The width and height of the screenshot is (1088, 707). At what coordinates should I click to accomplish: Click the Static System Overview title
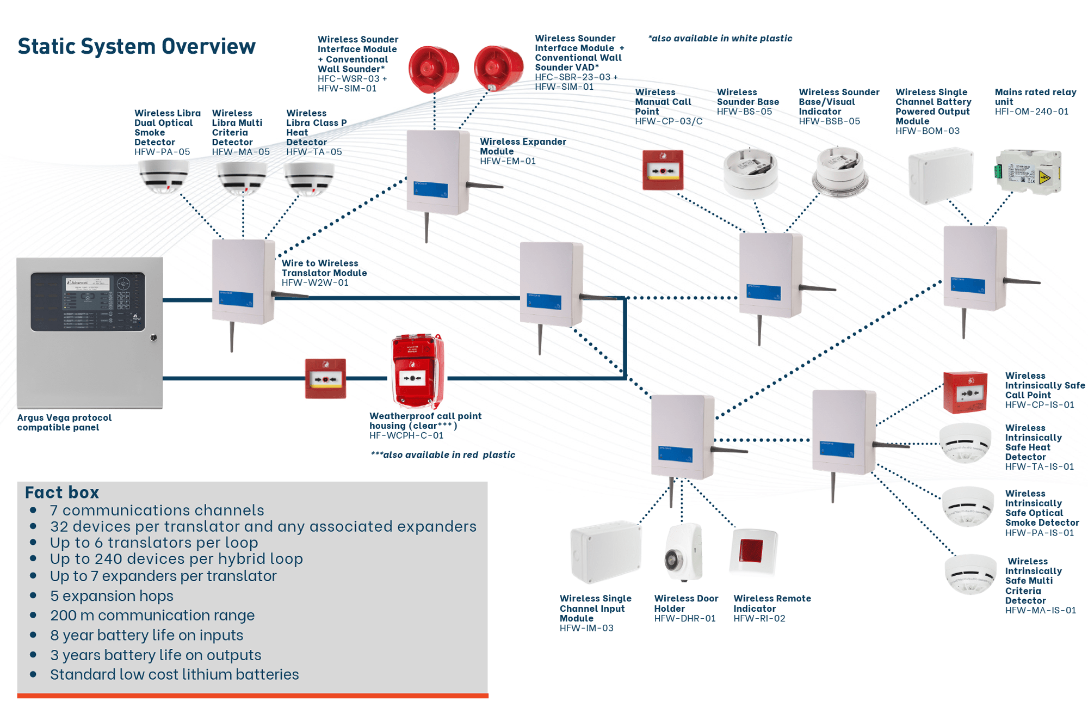click(x=136, y=46)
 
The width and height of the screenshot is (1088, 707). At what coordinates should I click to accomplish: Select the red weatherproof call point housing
click(x=417, y=372)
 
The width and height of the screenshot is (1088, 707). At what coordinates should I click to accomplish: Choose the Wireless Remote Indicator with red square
click(x=752, y=552)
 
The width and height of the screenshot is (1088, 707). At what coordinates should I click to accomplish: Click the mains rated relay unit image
click(x=1028, y=173)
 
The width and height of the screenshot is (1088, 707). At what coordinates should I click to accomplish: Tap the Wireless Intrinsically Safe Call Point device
click(x=965, y=392)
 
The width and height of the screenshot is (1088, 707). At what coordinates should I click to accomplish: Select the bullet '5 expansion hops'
click(x=112, y=596)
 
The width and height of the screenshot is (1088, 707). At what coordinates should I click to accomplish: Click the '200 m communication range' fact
click(x=152, y=616)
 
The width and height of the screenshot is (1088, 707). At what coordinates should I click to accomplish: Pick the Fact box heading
click(x=62, y=493)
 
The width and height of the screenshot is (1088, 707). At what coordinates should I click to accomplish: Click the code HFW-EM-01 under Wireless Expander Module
click(x=508, y=161)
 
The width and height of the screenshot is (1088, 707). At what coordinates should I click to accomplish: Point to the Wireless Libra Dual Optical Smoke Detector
click(x=164, y=177)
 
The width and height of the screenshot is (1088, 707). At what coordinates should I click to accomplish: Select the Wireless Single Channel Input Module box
click(x=605, y=552)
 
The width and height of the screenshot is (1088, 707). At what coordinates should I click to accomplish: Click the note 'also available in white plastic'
click(x=719, y=39)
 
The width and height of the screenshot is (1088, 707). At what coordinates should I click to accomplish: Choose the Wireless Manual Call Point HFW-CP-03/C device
click(x=662, y=170)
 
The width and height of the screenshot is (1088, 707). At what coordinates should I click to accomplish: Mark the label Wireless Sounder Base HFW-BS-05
click(x=747, y=102)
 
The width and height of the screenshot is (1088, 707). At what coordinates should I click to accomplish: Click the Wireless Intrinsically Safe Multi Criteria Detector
click(x=970, y=574)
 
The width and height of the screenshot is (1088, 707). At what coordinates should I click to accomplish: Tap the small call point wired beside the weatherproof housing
click(x=325, y=379)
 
